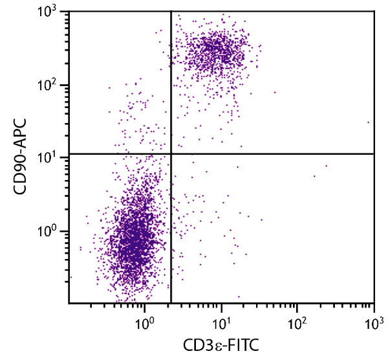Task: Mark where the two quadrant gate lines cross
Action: [x=171, y=153]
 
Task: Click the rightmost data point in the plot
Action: [x=369, y=122]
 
